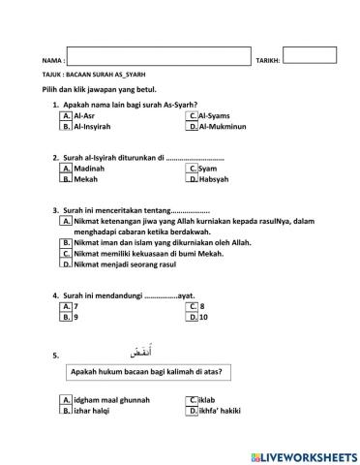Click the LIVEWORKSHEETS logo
303,454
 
